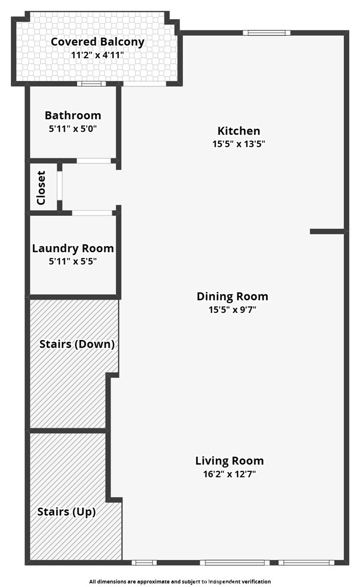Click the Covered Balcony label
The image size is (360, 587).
(98, 42)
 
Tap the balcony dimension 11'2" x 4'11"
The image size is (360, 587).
(98, 55)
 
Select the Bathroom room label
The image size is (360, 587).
(73, 115)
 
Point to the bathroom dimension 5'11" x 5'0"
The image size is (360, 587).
(73, 129)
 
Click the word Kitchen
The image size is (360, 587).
(239, 131)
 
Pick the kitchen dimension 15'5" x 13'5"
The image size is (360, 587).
(239, 144)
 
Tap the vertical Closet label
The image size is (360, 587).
(41, 188)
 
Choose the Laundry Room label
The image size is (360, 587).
(73, 248)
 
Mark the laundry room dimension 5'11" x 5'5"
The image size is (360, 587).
(73, 261)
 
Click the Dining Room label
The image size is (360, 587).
(232, 296)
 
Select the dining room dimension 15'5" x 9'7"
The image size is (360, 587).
(232, 310)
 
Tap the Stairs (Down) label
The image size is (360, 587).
(77, 344)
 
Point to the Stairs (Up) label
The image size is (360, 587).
(66, 512)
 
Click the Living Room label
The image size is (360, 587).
(229, 461)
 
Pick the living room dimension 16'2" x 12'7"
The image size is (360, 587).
(229, 474)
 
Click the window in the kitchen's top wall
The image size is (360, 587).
(267, 33)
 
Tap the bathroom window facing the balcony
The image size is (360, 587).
(91, 84)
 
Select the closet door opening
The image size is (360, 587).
(60, 186)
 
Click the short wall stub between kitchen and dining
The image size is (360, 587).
(327, 231)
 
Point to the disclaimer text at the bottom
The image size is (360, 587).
(180, 581)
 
